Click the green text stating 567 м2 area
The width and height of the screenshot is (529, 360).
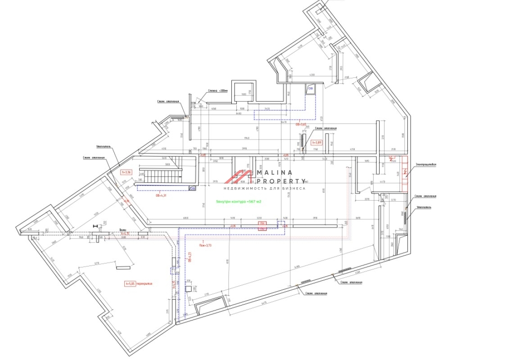239,201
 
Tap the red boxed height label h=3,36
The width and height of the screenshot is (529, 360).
126,172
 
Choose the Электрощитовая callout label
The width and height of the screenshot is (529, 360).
426,164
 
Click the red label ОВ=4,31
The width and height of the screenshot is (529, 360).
161,196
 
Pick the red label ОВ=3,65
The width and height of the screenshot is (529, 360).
301,124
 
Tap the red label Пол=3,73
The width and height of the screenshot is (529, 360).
205,245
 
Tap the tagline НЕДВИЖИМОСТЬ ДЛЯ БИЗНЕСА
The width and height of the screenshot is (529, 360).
265,189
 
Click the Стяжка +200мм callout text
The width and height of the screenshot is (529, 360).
218,90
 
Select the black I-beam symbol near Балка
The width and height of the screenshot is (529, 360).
96,225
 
